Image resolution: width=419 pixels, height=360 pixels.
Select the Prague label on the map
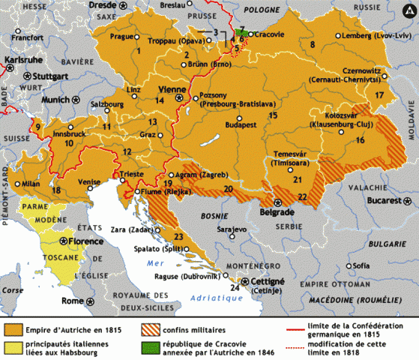point(121,36)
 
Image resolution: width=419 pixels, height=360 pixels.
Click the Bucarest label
point(376,202)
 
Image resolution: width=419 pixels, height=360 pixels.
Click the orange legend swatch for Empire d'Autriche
point(13,328)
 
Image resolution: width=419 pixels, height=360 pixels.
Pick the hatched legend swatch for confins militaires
point(151,328)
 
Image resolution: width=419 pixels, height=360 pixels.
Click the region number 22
point(302,196)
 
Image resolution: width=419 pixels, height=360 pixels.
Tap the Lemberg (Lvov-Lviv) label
point(373,36)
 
